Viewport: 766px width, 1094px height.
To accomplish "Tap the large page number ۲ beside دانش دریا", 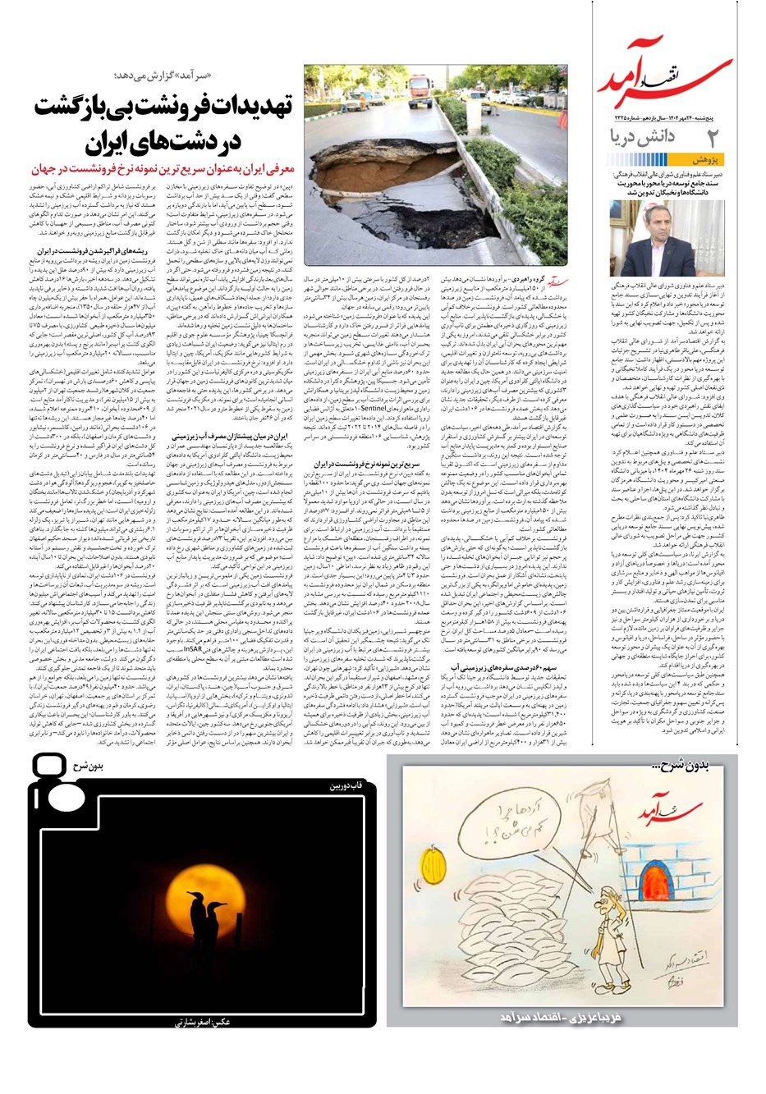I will point(713,137).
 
